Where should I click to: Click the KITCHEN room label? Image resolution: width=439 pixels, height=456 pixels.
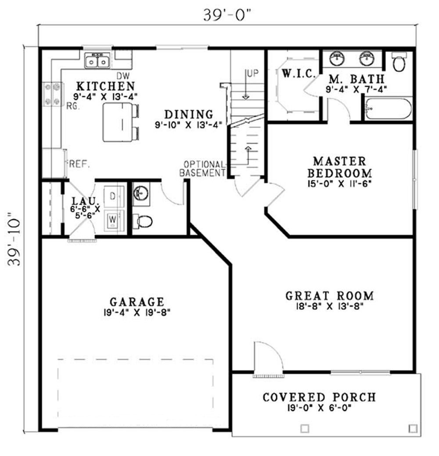click(x=105, y=85)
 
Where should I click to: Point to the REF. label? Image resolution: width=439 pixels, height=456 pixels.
click(x=79, y=165)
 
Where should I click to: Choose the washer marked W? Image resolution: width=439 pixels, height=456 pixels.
click(x=113, y=218)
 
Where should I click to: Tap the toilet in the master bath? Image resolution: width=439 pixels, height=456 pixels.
click(x=399, y=63)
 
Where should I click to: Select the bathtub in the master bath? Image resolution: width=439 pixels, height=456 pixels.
click(x=388, y=109)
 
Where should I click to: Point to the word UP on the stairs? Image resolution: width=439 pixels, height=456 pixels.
click(x=252, y=73)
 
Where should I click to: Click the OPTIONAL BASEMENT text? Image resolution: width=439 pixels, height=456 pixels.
click(x=202, y=168)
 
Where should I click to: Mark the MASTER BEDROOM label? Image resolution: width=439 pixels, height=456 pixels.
click(x=339, y=167)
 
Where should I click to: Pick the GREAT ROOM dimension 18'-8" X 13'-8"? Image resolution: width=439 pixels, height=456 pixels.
click(x=329, y=307)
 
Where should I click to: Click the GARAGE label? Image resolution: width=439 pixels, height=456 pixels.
click(x=137, y=302)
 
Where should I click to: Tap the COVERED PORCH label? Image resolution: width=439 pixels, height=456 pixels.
click(x=319, y=397)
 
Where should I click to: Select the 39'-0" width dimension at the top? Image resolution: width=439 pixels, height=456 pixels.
click(x=227, y=14)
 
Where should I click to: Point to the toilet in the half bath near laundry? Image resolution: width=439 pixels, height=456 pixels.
click(x=143, y=221)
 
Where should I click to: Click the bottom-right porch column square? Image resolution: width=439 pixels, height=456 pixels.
click(x=412, y=428)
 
